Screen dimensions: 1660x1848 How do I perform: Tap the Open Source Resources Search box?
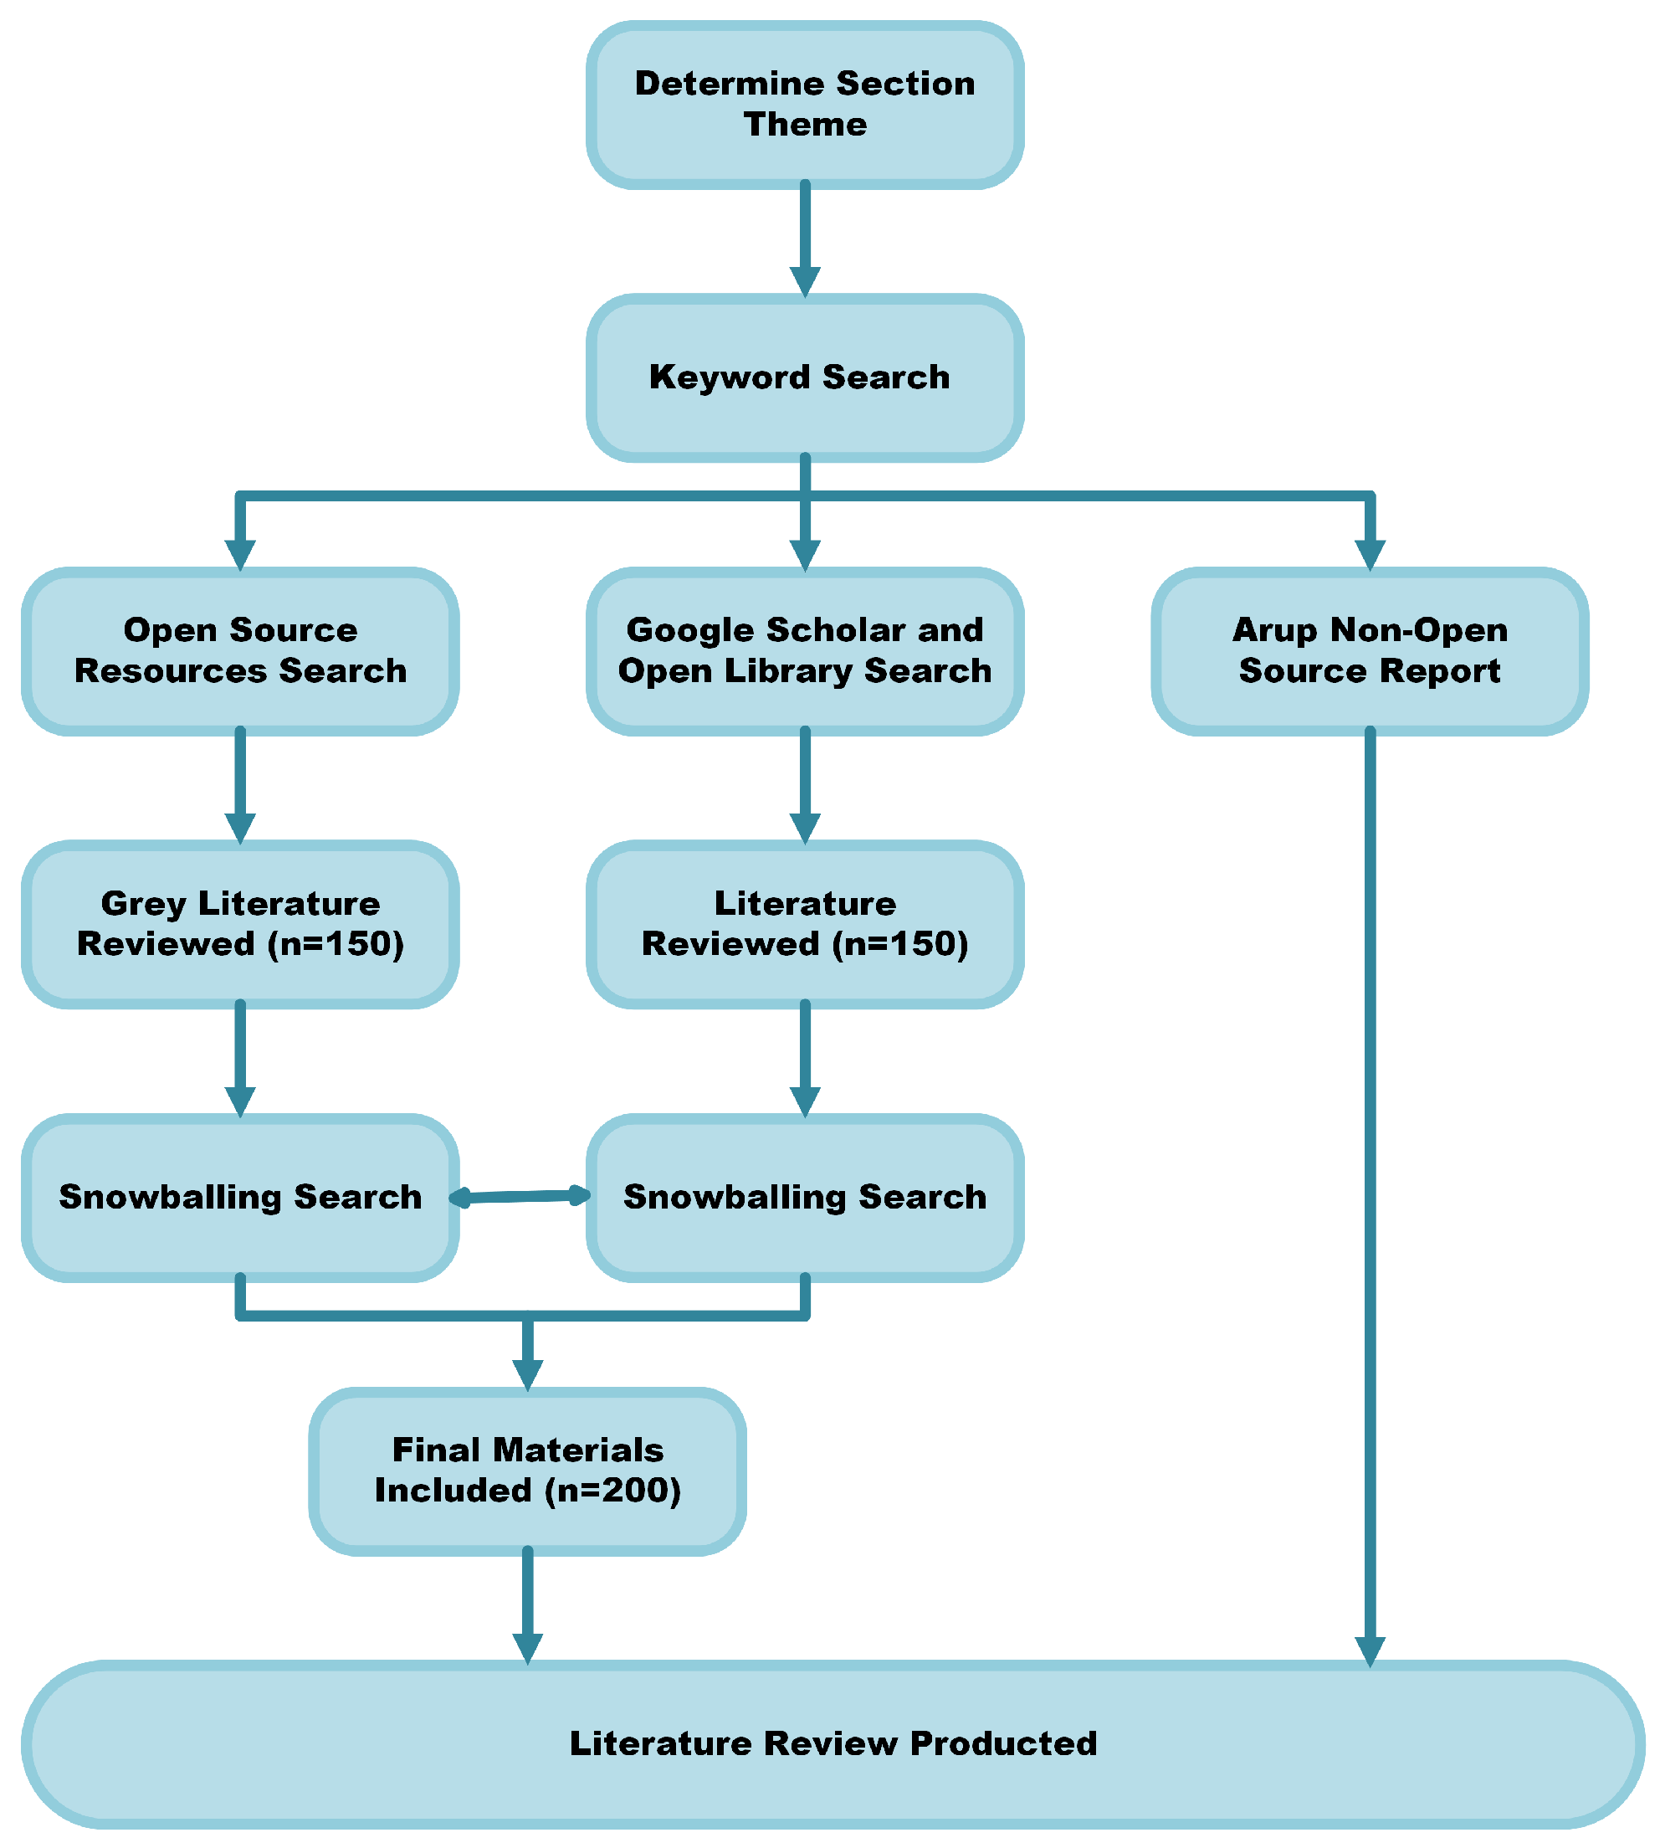coord(240,651)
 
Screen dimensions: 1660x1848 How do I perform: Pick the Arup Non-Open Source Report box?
coord(1370,651)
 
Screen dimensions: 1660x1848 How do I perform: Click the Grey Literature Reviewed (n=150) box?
coord(240,924)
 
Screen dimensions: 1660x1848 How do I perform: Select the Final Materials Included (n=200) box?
coord(527,1471)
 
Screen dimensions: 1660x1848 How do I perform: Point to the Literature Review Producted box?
coord(833,1744)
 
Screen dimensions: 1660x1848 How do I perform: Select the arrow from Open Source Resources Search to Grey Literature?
coord(240,785)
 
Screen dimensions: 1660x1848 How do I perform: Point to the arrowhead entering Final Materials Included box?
coord(527,1375)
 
